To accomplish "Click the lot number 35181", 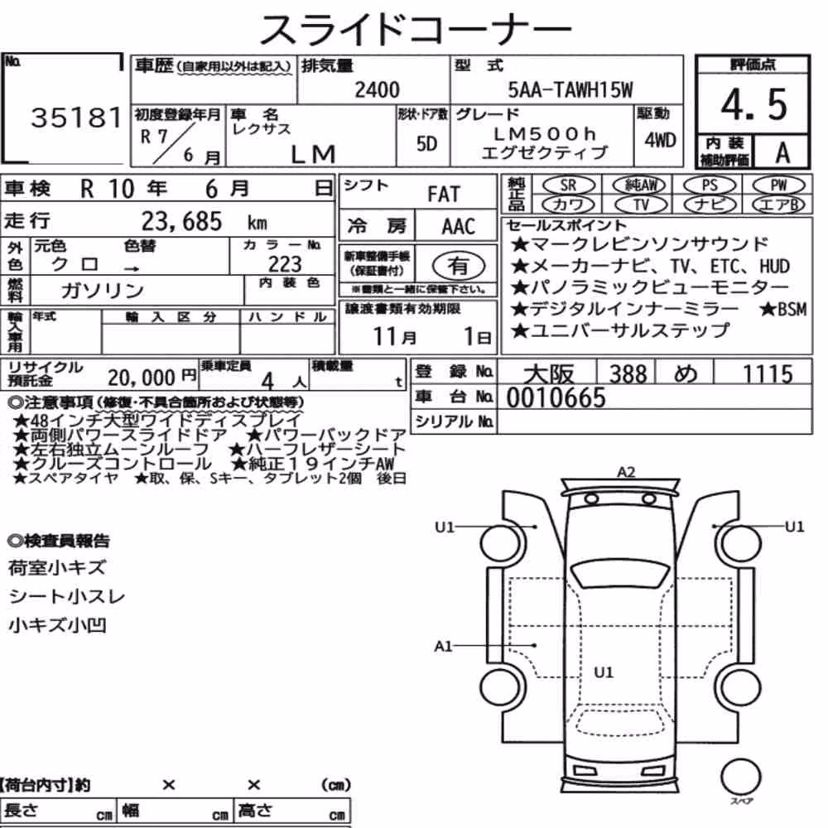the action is click(x=77, y=118).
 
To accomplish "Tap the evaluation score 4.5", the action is click(x=753, y=104).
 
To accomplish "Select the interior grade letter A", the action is click(x=782, y=153).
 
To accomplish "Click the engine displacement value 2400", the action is click(x=377, y=89).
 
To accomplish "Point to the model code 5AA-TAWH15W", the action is click(x=570, y=89).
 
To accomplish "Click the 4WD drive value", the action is click(x=660, y=140).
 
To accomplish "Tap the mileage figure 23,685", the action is click(x=181, y=221).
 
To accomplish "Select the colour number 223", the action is click(x=285, y=263).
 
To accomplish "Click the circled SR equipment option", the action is click(x=569, y=185).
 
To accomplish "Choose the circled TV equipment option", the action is click(x=641, y=205).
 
